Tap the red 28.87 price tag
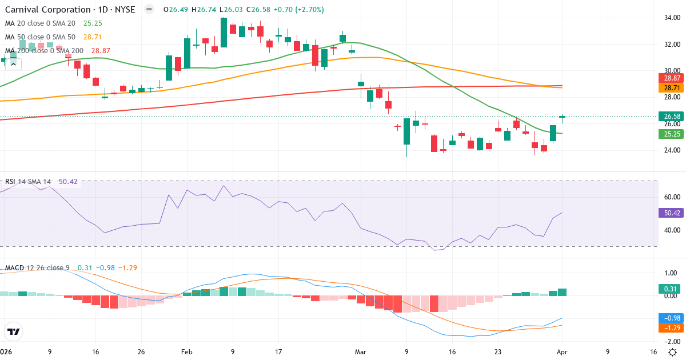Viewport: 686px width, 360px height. click(x=671, y=78)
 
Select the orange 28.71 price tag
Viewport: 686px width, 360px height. click(x=671, y=88)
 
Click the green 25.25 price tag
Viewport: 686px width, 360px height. click(x=671, y=134)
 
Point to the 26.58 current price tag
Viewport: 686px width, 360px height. click(x=671, y=117)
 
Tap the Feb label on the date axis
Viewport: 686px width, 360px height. click(x=187, y=352)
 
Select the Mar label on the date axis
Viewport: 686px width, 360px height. click(x=361, y=352)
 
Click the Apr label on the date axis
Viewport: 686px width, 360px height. click(x=563, y=352)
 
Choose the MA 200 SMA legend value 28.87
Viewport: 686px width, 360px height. click(x=101, y=51)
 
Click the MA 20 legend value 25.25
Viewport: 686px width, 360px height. click(x=93, y=23)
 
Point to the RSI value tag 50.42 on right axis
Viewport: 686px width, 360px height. click(x=671, y=213)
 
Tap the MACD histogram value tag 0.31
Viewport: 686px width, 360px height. click(x=671, y=289)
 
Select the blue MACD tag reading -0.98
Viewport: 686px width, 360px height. click(x=671, y=318)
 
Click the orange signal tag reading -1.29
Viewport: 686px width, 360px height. click(x=671, y=328)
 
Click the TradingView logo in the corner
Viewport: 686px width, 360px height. click(x=14, y=331)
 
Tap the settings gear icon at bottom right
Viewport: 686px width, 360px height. click(x=673, y=352)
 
